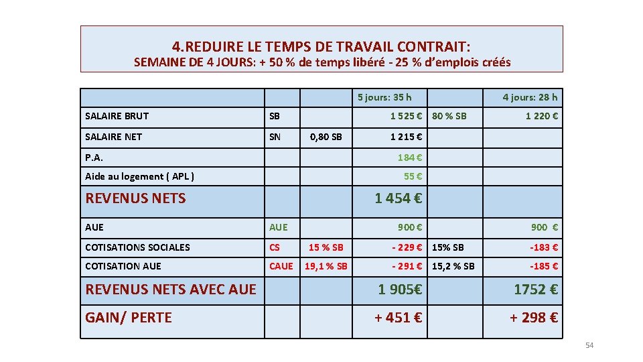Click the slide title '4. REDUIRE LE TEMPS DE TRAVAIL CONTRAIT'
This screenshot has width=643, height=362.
point(321,46)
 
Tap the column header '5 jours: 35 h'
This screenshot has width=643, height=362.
point(384,97)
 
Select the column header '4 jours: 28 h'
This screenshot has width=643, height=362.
point(530,97)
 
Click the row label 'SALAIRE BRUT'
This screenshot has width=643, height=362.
point(117,116)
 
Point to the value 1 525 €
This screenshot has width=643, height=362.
point(406,116)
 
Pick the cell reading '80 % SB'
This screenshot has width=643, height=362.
point(449,116)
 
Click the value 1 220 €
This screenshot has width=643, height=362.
point(542,116)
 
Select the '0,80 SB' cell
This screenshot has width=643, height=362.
point(328,137)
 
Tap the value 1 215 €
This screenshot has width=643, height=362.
point(406,137)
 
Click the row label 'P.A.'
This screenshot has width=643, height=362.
point(94,158)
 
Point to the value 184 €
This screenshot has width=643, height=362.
point(410,158)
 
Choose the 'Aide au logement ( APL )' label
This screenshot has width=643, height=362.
point(140,176)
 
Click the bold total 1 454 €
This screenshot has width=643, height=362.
point(399,198)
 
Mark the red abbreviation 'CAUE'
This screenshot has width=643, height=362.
point(281,266)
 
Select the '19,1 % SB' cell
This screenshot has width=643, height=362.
point(326,266)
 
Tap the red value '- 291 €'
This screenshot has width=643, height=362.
point(407,266)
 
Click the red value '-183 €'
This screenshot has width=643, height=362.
point(545,247)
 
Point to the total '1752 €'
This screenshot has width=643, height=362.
point(536,289)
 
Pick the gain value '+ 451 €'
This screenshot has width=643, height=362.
point(398,317)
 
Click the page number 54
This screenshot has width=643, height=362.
point(589,345)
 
